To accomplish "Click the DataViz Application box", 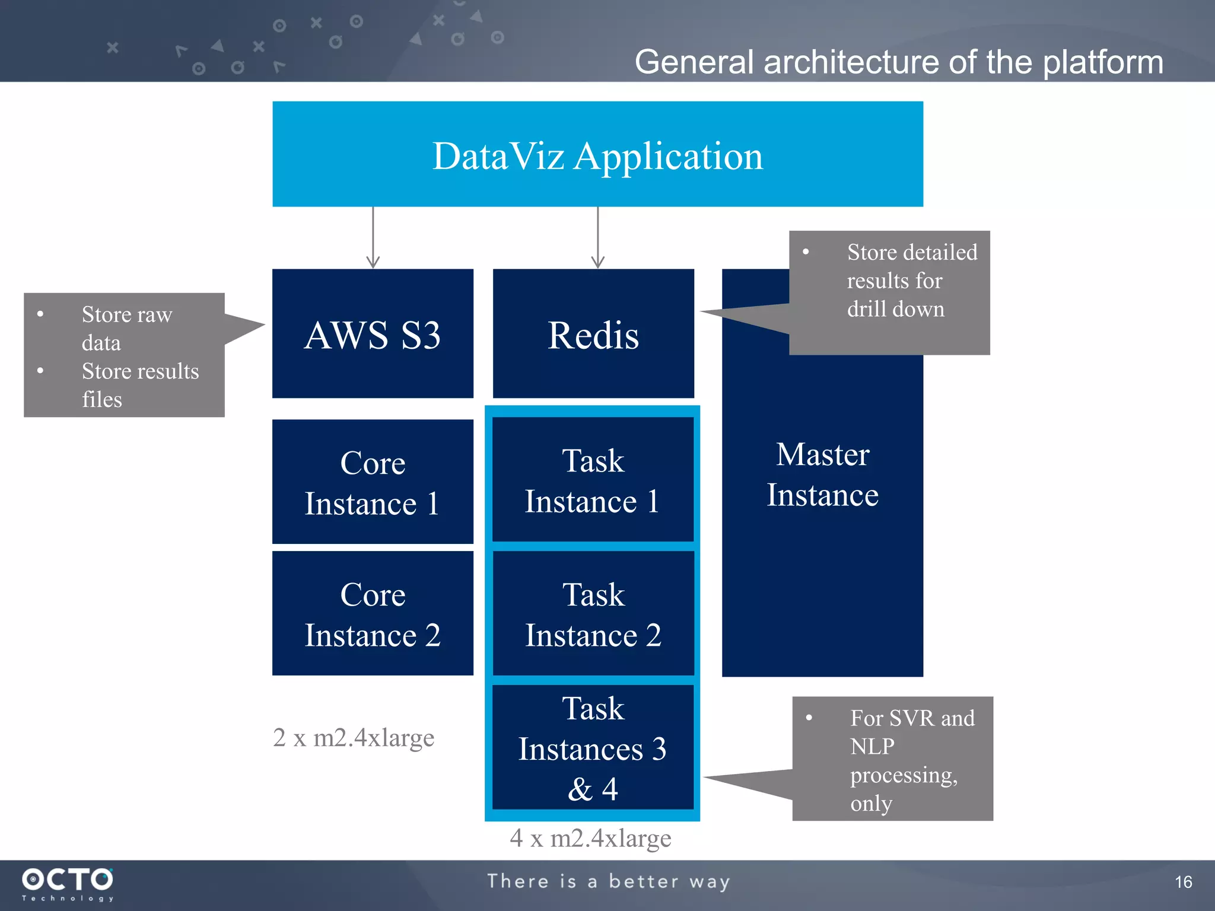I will [597, 154].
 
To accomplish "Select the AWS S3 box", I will [373, 333].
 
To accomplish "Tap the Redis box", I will [593, 333].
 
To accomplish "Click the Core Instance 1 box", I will [373, 482].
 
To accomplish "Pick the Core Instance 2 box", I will [373, 613].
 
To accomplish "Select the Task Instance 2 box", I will [593, 613].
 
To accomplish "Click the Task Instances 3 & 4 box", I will [593, 747].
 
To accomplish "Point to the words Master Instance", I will [822, 474].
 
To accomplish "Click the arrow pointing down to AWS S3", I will [373, 237].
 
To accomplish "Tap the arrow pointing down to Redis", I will [597, 237].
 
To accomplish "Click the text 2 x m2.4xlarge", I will [354, 737].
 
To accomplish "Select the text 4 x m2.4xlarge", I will [590, 838].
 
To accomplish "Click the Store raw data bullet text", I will [126, 328].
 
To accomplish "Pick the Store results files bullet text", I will [139, 385].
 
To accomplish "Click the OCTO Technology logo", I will [67, 884].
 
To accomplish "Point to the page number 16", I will [1183, 882].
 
